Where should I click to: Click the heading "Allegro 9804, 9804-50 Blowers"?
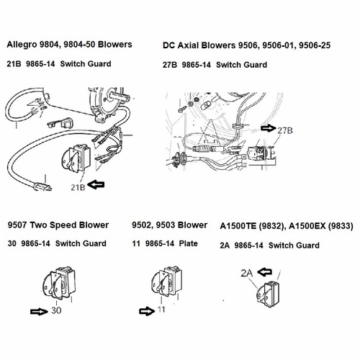69,45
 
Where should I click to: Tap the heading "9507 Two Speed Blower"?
57,225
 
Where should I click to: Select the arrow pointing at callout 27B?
269,128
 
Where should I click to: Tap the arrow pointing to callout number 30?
39,312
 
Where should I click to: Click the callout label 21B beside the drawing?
78,186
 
